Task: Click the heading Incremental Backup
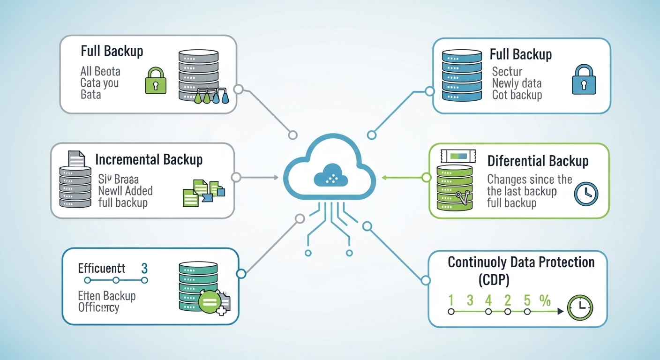(x=149, y=159)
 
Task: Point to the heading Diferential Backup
(x=538, y=161)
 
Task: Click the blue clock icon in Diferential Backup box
(x=586, y=193)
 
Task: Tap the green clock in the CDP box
(x=580, y=307)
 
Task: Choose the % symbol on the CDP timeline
(x=545, y=300)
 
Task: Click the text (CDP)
(x=494, y=280)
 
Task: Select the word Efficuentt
(x=101, y=268)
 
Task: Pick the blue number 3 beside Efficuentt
(x=144, y=269)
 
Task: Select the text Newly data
(x=517, y=83)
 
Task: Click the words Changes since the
(x=530, y=180)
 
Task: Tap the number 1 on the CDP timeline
(x=451, y=300)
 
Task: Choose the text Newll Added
(x=125, y=191)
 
